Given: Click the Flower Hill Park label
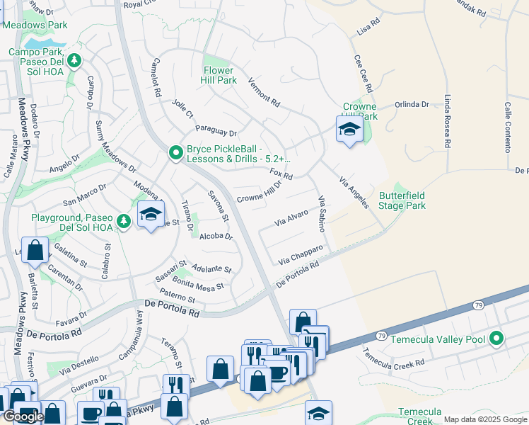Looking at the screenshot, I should coord(219,75).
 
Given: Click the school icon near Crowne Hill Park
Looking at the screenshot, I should coord(349,130).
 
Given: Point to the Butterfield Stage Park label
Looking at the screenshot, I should coord(402,200).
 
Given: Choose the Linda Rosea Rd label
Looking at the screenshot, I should coord(447,121).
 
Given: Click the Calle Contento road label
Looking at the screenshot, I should coord(508,127).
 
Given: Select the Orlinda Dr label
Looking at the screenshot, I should coord(412,104).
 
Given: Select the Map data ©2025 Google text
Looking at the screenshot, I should coord(485,419).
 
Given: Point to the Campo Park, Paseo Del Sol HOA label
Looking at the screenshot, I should coord(42,57).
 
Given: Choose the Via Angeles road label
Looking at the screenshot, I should coord(354,192).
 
